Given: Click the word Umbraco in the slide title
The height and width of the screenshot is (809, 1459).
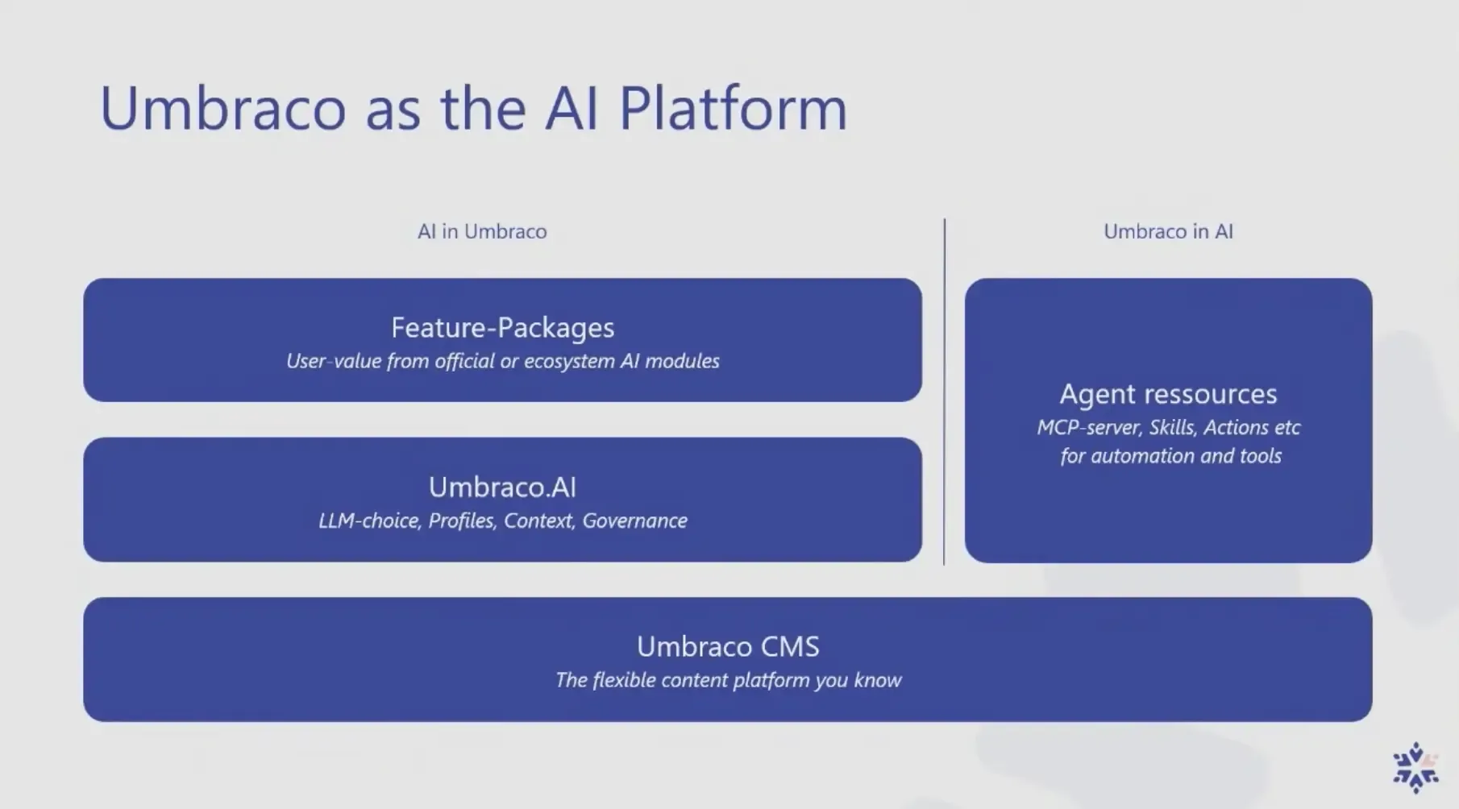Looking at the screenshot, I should [222, 109].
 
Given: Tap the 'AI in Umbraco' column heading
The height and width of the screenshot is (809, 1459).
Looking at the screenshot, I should [482, 232].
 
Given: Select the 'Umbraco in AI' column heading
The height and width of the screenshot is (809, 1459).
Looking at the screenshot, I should [1168, 232].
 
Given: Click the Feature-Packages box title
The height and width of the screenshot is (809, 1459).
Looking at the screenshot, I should [502, 328].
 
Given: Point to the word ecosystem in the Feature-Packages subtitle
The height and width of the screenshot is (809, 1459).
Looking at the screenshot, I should [569, 361].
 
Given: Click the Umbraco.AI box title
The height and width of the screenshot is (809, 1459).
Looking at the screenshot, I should [502, 487].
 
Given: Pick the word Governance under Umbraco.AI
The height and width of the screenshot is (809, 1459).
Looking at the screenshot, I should [634, 521].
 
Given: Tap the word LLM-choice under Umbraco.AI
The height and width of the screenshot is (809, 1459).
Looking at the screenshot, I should [368, 521].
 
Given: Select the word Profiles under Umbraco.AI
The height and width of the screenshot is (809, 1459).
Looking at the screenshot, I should [461, 521].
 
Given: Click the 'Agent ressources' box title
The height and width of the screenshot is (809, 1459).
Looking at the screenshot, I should [1168, 394].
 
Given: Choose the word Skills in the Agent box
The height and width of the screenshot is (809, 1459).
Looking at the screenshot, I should [1173, 428].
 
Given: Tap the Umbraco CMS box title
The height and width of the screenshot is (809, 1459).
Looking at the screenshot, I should [728, 647].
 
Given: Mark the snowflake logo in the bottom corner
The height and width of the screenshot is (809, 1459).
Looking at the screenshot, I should [1415, 766].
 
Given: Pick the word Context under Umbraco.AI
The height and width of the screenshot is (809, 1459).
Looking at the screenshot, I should [538, 521].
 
